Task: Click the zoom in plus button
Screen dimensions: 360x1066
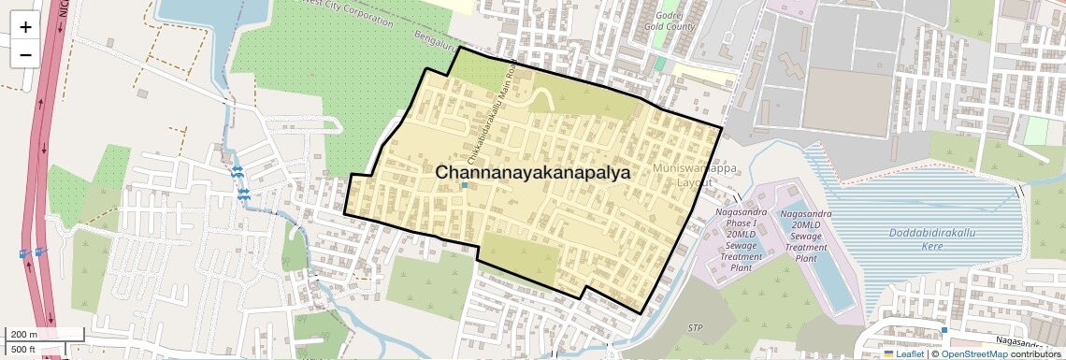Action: [25, 27]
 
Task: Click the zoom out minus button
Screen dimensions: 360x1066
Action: [25, 55]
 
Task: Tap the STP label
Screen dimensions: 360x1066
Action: [695, 328]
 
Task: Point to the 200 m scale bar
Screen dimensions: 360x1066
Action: [45, 335]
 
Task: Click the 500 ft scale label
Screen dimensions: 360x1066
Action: [24, 350]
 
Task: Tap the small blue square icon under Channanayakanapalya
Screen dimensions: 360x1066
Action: [465, 186]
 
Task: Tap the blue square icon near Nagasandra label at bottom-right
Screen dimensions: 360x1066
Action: [944, 330]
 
